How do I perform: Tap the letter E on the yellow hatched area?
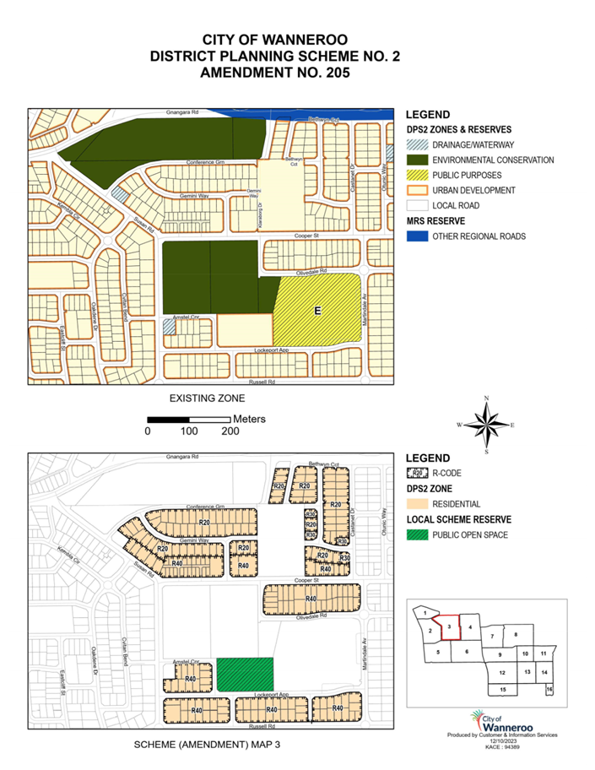point(318,312)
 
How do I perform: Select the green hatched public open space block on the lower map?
point(245,675)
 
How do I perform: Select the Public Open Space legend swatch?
point(416,534)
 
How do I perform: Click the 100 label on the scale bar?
point(189,431)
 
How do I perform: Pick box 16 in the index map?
point(549,690)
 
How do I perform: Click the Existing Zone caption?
point(207,397)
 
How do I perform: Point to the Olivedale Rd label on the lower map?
point(311,617)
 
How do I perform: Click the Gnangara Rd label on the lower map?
point(181,458)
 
